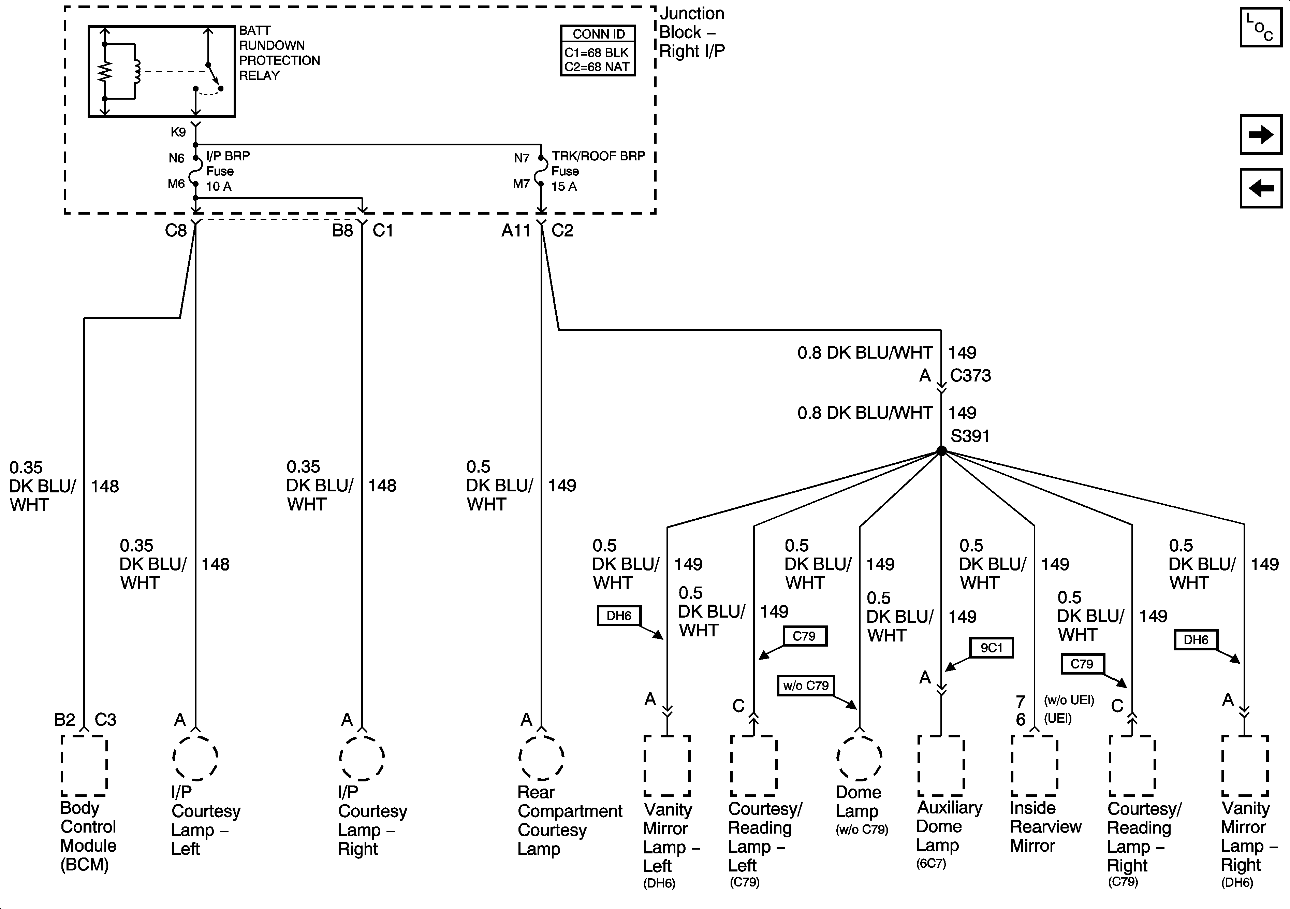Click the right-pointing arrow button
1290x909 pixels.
pos(1261,134)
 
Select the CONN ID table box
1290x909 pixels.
pos(598,50)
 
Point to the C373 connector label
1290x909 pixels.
pos(970,376)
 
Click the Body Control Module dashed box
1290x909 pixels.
pos(84,766)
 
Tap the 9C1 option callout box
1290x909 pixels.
pos(992,648)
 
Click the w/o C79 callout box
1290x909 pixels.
pos(806,686)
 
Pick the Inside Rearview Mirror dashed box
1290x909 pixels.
pos(1035,766)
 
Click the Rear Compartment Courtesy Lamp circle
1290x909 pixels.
pos(542,757)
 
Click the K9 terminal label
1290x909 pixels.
pos(178,132)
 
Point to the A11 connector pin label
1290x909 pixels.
pos(516,230)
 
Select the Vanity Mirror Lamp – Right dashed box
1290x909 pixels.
pos(1245,766)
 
